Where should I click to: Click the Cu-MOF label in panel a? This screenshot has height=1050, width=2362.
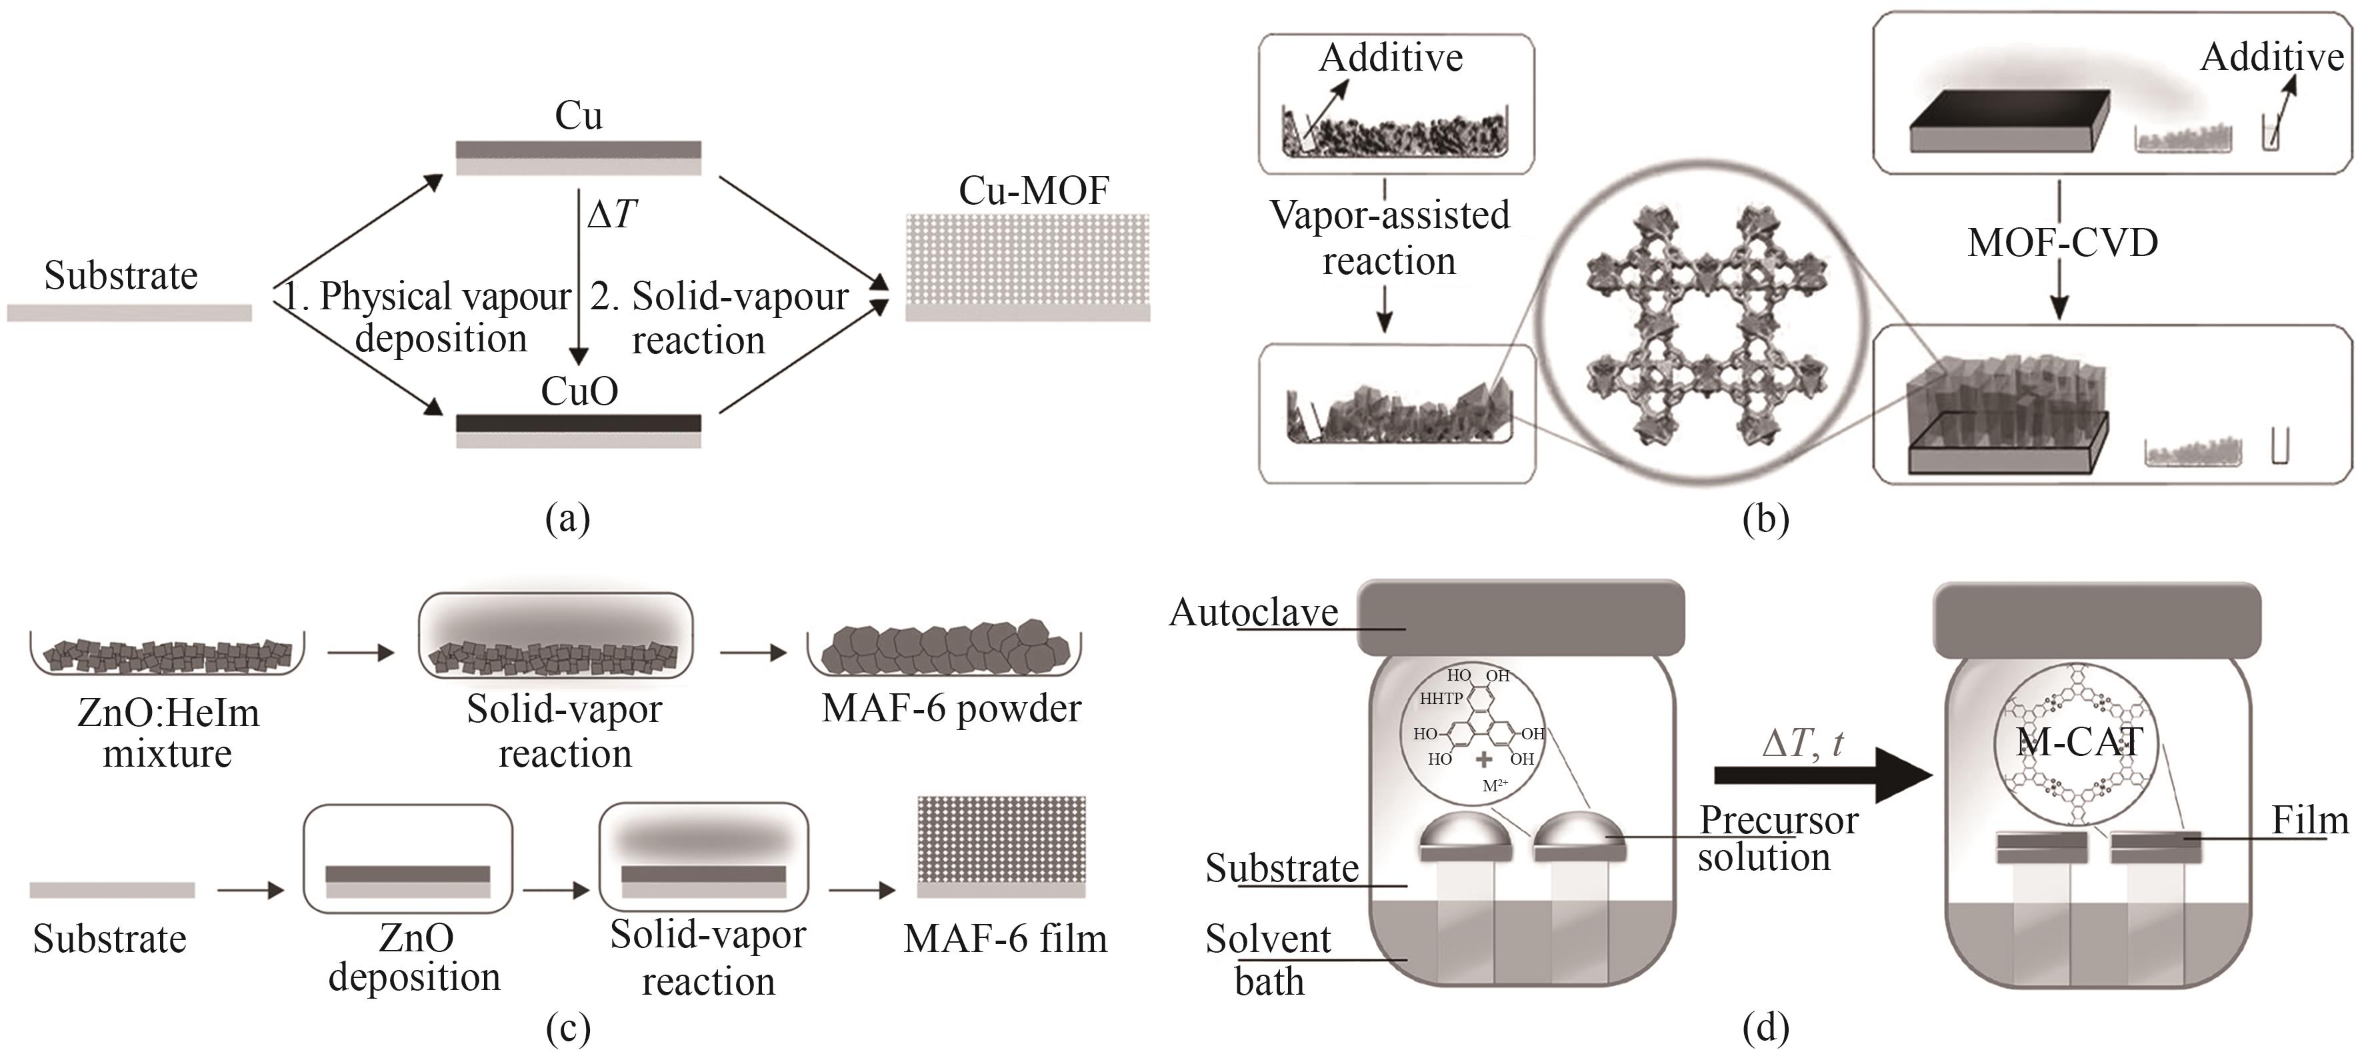[x=1033, y=191]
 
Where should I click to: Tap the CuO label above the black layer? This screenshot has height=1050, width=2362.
[x=579, y=391]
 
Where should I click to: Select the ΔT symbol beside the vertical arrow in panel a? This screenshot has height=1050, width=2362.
[x=611, y=215]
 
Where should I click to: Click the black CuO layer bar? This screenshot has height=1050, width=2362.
[x=579, y=423]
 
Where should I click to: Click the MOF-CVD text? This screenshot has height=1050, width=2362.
[x=2062, y=243]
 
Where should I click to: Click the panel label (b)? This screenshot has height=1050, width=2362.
[x=1765, y=519]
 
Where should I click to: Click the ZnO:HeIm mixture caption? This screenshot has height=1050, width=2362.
[x=168, y=733]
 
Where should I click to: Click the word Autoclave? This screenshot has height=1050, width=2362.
[x=1253, y=613]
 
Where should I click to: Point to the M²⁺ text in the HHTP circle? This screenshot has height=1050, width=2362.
[x=1495, y=786]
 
